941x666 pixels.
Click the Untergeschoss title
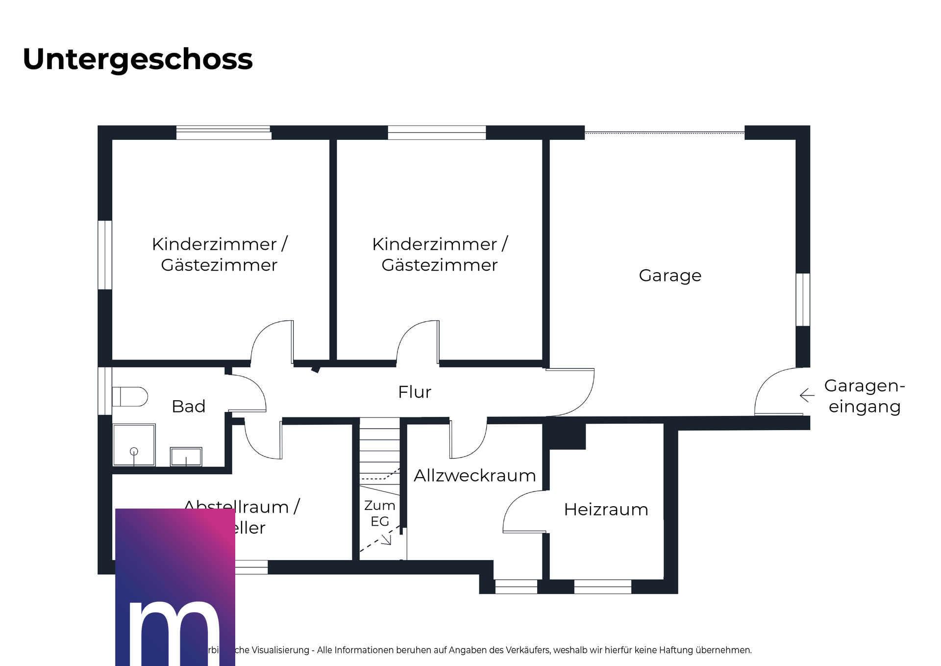[138, 59]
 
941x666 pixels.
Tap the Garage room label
[669, 276]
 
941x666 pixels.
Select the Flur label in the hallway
[415, 392]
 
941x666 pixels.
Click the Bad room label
[188, 407]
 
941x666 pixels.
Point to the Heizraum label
[606, 510]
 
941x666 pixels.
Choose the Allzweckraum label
[474, 476]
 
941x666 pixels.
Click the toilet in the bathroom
[130, 397]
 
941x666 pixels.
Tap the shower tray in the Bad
[134, 445]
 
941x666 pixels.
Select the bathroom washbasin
[186, 457]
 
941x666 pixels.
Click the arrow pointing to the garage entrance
[807, 395]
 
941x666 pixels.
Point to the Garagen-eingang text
[865, 396]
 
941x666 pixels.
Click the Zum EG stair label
[380, 513]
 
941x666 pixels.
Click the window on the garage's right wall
[803, 300]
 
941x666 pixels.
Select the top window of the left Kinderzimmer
[223, 132]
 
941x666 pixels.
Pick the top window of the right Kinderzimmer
[437, 132]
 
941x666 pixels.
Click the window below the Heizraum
[602, 587]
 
